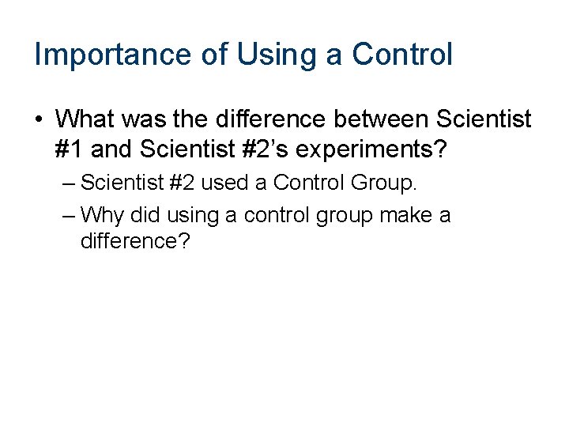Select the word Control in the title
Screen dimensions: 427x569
(402, 55)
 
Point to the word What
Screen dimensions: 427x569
(85, 119)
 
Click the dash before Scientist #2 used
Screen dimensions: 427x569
(67, 183)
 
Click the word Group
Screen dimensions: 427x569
(382, 183)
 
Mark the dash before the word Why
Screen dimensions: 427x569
(67, 215)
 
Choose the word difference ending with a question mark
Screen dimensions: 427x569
(135, 241)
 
